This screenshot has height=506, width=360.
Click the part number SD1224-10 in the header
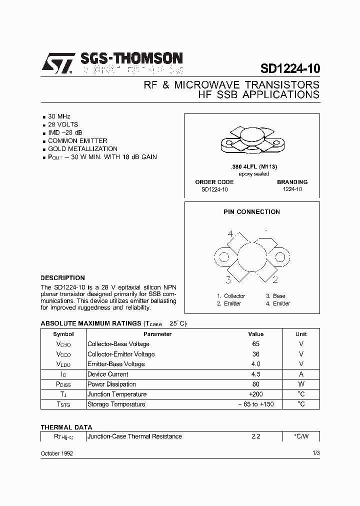[290, 68]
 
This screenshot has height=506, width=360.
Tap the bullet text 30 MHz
[59, 116]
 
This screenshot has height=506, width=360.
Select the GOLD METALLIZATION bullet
[82, 149]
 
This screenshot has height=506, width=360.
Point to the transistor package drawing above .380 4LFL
[251, 141]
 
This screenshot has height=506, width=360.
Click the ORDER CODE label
[214, 182]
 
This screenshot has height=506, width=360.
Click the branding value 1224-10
[292, 189]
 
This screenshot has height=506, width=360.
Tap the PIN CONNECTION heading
[251, 212]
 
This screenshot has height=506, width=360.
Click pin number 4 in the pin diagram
[230, 234]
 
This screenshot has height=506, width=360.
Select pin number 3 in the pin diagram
[228, 279]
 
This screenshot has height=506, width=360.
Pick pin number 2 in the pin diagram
[275, 279]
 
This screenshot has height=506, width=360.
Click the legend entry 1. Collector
[231, 296]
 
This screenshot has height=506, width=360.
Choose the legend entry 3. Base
[275, 296]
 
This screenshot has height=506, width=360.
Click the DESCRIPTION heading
[62, 277]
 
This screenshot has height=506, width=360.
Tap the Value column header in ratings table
[255, 334]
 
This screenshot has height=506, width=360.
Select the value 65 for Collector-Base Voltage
[255, 344]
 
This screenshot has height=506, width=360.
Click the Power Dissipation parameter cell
[111, 384]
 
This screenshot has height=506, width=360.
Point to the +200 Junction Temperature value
[255, 394]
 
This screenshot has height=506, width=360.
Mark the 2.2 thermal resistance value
[255, 436]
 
